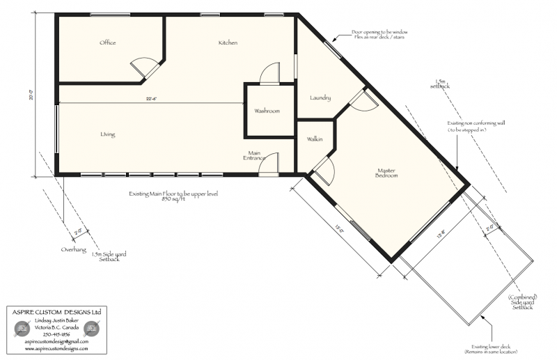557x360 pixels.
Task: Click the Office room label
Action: [x=107, y=43]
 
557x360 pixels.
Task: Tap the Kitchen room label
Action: [x=228, y=43]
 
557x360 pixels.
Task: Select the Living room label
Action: [x=107, y=134]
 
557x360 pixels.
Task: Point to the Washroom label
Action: [x=267, y=111]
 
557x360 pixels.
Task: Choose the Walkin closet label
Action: [x=315, y=139]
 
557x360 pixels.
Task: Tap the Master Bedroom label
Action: [x=387, y=173]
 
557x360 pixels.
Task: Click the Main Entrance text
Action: [x=253, y=155]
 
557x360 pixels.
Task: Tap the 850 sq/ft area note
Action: [x=173, y=198]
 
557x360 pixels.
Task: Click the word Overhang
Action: [x=73, y=248]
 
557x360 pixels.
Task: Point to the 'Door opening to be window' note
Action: [x=379, y=34]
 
